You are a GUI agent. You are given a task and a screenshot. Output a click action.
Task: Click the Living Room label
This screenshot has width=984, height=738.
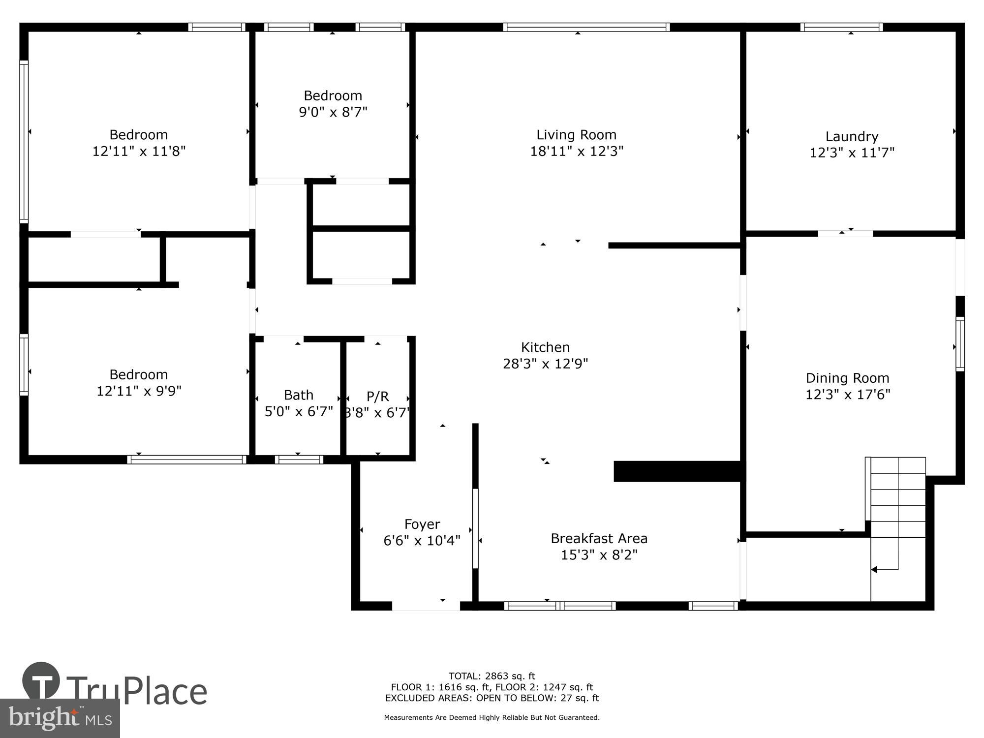click(x=576, y=134)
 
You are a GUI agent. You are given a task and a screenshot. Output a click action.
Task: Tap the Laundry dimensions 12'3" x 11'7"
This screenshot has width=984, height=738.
click(x=852, y=153)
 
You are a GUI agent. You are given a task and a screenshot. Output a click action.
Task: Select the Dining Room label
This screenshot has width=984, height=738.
click(x=847, y=378)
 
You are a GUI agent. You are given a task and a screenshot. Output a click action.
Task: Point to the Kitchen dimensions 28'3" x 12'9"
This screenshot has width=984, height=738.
click(x=545, y=364)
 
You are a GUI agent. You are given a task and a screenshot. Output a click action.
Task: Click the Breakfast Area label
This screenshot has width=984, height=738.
click(x=599, y=538)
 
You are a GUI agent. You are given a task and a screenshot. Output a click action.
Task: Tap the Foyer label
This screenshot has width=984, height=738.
click(x=422, y=524)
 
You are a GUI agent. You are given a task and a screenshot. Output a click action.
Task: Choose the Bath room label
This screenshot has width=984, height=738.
click(x=298, y=395)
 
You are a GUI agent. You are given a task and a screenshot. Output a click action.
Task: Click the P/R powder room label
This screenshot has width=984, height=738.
click(x=377, y=396)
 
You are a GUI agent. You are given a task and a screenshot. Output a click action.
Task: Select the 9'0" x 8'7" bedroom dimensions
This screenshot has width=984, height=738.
click(x=333, y=112)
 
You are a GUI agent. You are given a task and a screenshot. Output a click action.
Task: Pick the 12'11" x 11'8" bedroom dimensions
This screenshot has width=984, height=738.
click(x=139, y=151)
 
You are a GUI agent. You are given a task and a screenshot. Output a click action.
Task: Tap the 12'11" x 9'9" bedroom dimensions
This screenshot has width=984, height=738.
click(x=139, y=391)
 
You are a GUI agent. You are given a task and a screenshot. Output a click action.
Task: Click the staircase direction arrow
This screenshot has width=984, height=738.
click(x=875, y=570)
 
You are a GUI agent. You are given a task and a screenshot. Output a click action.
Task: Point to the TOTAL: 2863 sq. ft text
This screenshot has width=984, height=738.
click(x=492, y=676)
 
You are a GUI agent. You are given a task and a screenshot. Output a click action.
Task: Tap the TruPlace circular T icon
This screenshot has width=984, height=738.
click(x=41, y=681)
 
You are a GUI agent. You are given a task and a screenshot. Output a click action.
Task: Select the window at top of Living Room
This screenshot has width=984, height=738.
click(x=586, y=27)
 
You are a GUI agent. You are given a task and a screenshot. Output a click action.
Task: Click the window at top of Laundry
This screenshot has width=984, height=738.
click(x=841, y=27)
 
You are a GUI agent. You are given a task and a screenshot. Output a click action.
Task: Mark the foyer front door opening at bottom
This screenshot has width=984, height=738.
click(x=426, y=606)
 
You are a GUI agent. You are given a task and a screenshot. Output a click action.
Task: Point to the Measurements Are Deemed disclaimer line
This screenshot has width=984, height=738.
click(x=492, y=717)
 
